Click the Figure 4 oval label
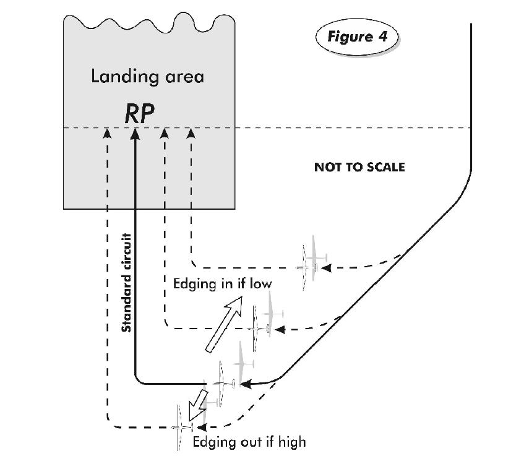[x=357, y=37]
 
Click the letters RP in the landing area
[x=139, y=113]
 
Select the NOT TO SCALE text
[x=359, y=167]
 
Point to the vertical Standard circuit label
[x=126, y=283]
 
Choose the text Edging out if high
[x=249, y=442]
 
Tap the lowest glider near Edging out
[x=181, y=427]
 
